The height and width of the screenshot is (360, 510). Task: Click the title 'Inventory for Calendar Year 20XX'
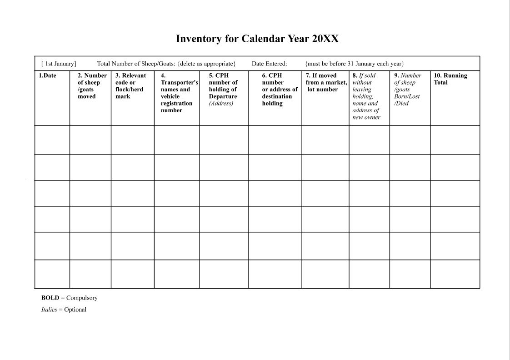pyautogui.click(x=257, y=39)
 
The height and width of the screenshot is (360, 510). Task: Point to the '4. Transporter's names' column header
pyautogui.click(x=177, y=93)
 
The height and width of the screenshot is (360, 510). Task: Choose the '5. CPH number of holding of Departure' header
pyautogui.click(x=223, y=90)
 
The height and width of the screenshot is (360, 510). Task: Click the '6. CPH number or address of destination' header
pyautogui.click(x=275, y=90)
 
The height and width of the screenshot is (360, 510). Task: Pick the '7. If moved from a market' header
pyautogui.click(x=325, y=82)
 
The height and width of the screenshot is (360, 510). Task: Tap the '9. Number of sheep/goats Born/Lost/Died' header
pyautogui.click(x=408, y=90)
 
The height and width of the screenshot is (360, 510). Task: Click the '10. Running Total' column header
pyautogui.click(x=451, y=79)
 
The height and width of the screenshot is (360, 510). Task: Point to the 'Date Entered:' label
pyautogui.click(x=269, y=64)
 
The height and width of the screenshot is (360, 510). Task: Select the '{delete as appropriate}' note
pyautogui.click(x=206, y=64)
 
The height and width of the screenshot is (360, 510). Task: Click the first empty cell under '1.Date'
pyautogui.click(x=52, y=140)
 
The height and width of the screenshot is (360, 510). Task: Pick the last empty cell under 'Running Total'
pyautogui.click(x=455, y=274)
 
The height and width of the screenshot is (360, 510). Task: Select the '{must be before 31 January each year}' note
pyautogui.click(x=355, y=64)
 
